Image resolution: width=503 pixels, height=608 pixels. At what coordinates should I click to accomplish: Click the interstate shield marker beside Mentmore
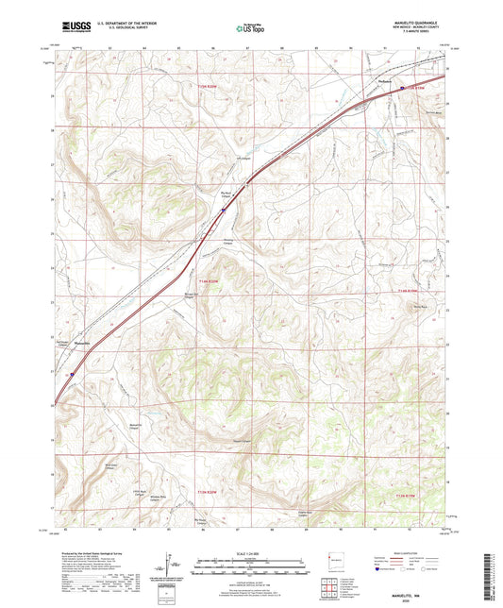pyautogui.click(x=402, y=89)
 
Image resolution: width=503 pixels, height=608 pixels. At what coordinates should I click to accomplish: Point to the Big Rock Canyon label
pyautogui.click(x=227, y=195)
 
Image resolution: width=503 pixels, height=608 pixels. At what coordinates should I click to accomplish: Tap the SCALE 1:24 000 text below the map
pyautogui.click(x=251, y=552)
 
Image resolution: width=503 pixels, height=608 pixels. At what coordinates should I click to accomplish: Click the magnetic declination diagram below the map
pyautogui.click(x=169, y=566)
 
